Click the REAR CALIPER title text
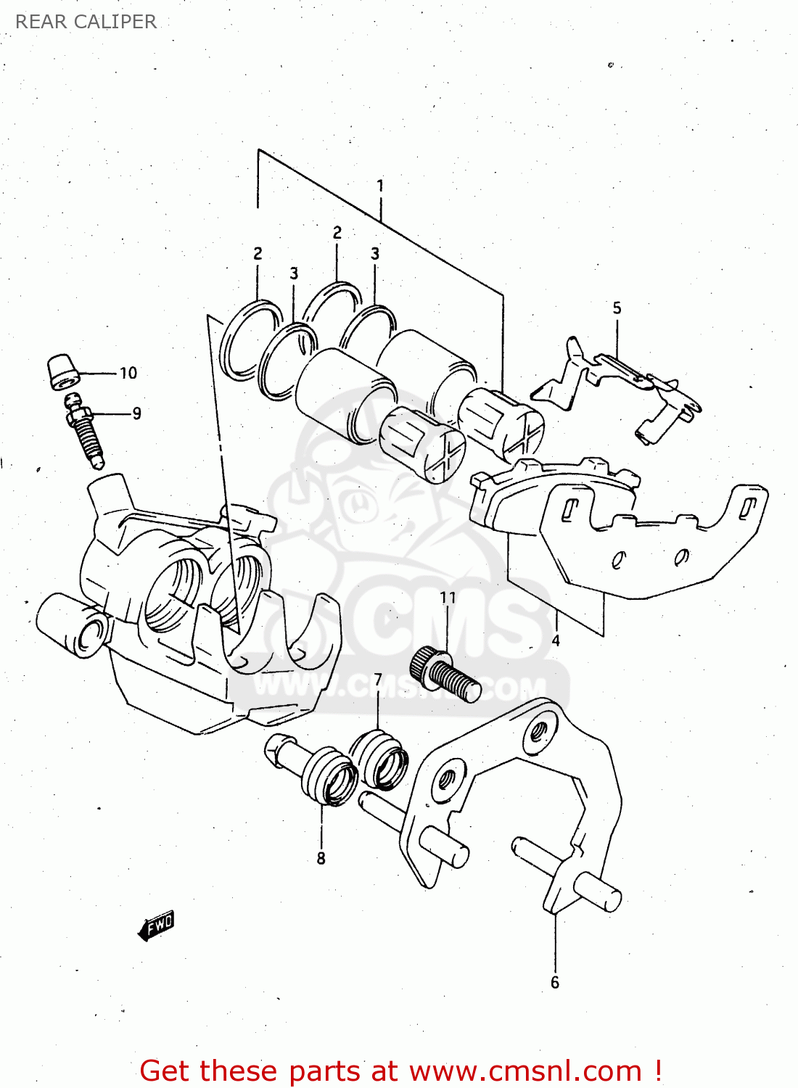pos(86,22)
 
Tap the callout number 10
pos(128,373)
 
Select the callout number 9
pos(136,413)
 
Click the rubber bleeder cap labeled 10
pos(62,372)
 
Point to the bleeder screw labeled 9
pos(86,432)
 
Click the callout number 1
pos(380,186)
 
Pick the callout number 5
pos(617,308)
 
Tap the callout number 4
pos(556,640)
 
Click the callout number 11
pos(448,597)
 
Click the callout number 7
pos(378,680)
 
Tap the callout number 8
pos(321,858)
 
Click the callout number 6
pos(555,982)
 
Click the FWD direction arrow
pos(157,926)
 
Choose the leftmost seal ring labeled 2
pos(250,339)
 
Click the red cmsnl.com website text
pos(400,1071)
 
